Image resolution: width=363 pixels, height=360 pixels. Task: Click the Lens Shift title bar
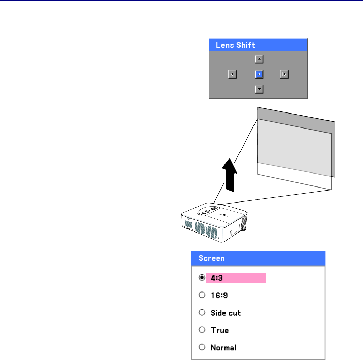tap(258, 45)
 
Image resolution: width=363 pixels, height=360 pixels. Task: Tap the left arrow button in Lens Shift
tap(232, 74)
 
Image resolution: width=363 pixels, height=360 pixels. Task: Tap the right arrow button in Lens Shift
tap(284, 74)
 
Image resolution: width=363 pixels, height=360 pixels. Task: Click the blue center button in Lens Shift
tap(259, 74)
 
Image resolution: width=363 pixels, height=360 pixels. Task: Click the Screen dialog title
tap(258, 258)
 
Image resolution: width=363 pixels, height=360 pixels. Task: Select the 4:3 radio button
tap(202, 278)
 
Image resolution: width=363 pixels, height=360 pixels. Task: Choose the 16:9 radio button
tap(202, 295)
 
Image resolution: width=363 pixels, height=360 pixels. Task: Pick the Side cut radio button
tap(202, 313)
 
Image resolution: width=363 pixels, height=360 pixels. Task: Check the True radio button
tap(202, 330)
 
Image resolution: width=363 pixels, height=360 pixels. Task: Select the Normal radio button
tap(202, 348)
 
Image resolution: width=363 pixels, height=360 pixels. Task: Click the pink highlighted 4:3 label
tap(235, 278)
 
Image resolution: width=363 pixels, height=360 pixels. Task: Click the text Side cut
tap(226, 313)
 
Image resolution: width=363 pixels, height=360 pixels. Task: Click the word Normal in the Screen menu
tap(223, 348)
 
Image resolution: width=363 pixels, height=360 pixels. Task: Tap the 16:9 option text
tap(219, 295)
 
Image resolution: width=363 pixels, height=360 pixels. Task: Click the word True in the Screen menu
tap(220, 330)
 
